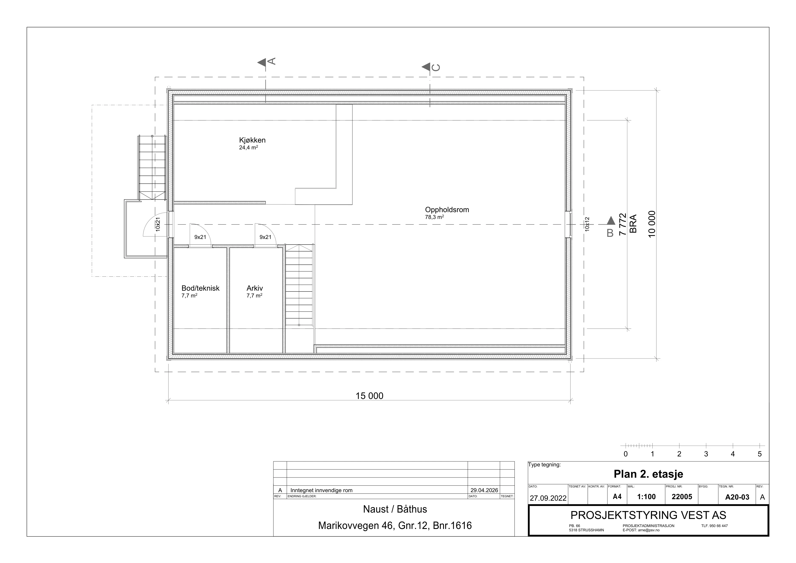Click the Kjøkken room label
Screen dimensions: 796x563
tap(252, 140)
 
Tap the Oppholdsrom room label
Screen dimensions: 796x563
tap(447, 210)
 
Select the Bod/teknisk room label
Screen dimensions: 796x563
tap(200, 288)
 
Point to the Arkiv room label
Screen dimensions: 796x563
tap(255, 288)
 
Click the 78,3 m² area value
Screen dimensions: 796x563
tap(434, 217)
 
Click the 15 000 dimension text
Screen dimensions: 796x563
tap(369, 396)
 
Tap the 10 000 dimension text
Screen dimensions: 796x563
tap(652, 224)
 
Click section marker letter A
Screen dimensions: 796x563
tap(272, 61)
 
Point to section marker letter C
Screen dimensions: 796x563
tap(436, 67)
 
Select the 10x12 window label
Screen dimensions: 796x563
tap(587, 224)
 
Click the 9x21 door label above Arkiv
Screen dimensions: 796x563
tap(265, 237)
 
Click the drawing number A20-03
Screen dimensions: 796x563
tap(738, 497)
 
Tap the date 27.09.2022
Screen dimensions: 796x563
tap(548, 498)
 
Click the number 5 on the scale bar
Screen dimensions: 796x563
tap(760, 454)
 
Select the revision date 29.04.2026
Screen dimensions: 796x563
tap(484, 490)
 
